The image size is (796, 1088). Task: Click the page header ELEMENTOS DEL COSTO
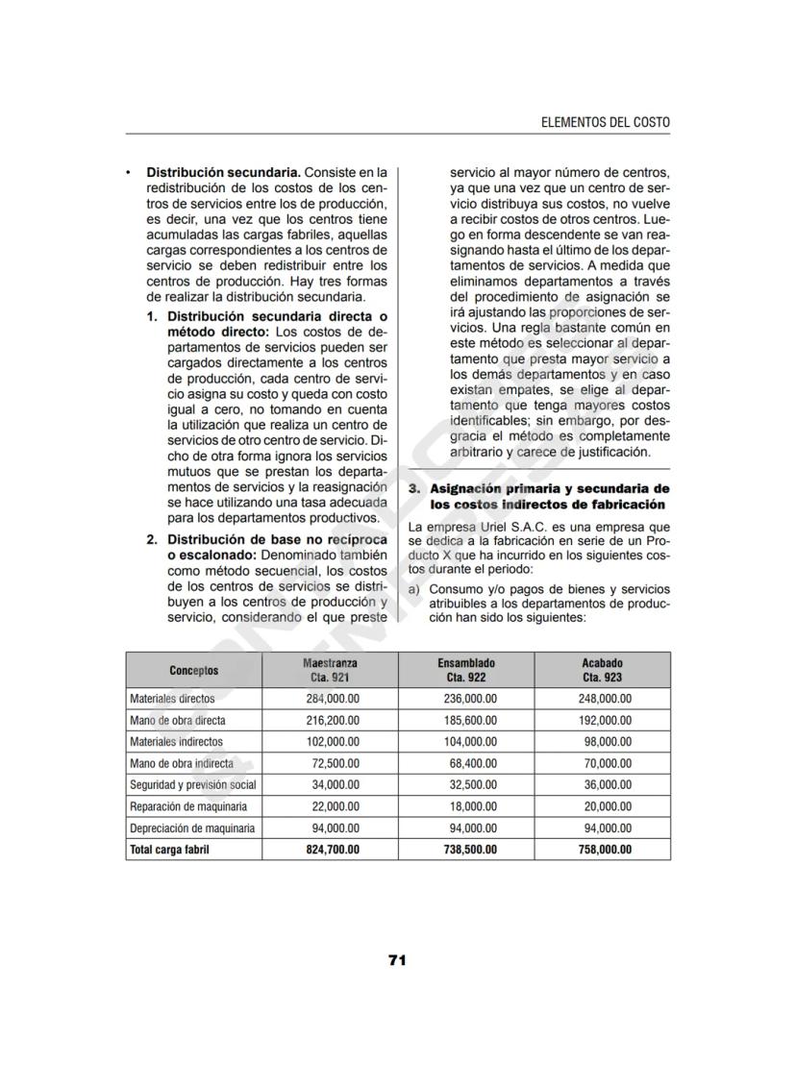[606, 122]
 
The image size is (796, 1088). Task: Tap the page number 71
[397, 959]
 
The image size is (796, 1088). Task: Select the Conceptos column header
[193, 670]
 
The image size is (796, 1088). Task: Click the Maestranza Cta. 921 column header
[330, 670]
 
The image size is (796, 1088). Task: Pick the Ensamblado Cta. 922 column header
[466, 670]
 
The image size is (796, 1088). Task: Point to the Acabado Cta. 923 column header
[602, 670]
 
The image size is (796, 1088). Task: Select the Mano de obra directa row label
[178, 720]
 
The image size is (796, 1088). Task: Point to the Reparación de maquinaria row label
[188, 806]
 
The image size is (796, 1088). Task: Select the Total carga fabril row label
[169, 850]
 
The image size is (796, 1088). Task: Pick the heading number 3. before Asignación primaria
[414, 489]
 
